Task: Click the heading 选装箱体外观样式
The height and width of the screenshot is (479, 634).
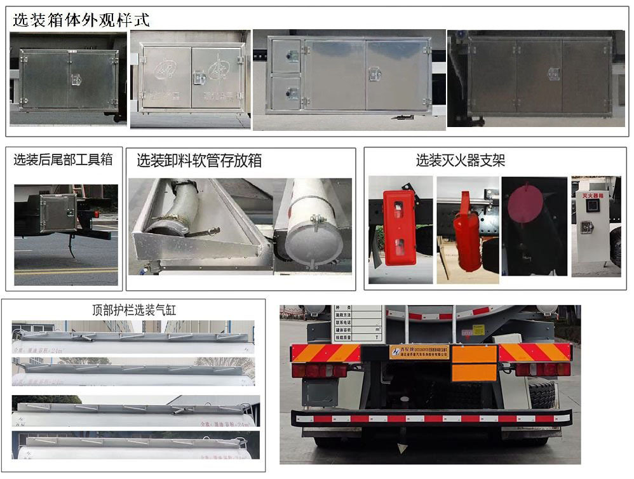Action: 81,20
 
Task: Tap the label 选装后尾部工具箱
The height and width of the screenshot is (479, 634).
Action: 63,159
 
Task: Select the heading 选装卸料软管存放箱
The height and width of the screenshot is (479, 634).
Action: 199,161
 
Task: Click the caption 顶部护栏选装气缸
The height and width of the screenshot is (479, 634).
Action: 134,310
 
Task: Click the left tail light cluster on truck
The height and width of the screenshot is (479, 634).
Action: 319,370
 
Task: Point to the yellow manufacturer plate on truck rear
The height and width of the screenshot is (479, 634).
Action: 420,352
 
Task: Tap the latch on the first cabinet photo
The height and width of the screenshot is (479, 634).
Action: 76,80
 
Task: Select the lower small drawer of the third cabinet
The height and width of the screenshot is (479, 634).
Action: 286,93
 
